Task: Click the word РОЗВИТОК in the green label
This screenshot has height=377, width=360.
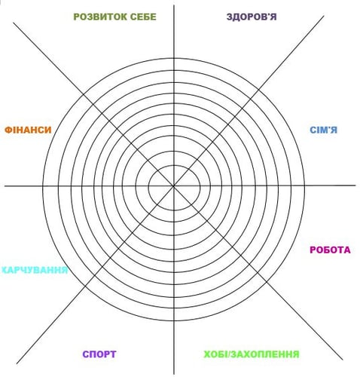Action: click(x=100, y=17)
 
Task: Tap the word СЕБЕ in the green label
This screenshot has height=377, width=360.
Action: click(x=143, y=17)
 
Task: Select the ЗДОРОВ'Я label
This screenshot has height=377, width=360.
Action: click(x=252, y=17)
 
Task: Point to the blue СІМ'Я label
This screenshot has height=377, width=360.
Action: click(x=324, y=130)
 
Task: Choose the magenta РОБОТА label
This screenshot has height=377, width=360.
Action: click(x=330, y=250)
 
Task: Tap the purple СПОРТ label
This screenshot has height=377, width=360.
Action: click(x=99, y=354)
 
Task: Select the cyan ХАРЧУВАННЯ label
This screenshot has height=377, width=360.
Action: click(x=35, y=270)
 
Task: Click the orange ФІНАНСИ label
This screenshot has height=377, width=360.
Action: click(x=28, y=130)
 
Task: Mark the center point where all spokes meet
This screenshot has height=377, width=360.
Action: click(x=174, y=186)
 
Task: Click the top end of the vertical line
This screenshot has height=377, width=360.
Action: click(x=174, y=5)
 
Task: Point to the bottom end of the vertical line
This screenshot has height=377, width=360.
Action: click(x=174, y=375)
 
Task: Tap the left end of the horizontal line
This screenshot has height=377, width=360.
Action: click(x=5, y=186)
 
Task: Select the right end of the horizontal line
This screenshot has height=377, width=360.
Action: click(x=356, y=185)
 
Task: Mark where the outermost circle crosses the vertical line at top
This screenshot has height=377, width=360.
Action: click(x=174, y=58)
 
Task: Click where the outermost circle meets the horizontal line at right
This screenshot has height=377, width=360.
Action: click(x=305, y=185)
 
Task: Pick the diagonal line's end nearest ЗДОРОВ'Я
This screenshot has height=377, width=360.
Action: click(x=324, y=16)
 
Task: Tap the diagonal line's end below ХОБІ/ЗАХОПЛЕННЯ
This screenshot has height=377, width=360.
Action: click(x=343, y=360)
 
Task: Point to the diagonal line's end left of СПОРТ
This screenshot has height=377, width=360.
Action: click(x=17, y=363)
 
